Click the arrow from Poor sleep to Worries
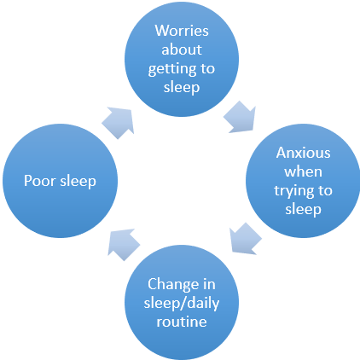coord(119,123)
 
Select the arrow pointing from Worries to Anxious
coord(241,117)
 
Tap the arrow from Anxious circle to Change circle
coord(245,238)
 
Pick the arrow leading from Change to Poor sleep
coord(123,244)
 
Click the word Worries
coord(182,31)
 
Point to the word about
coord(182,49)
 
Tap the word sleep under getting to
coord(182,87)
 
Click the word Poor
coord(40,181)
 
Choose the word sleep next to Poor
coord(78,181)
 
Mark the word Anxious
coord(303,153)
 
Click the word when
coord(303,171)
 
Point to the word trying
coord(293,191)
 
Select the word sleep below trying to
coord(303,210)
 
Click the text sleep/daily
coord(182,304)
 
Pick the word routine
coord(182,322)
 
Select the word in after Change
coord(209,284)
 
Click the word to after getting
coord(207,68)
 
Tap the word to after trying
coord(325,190)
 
